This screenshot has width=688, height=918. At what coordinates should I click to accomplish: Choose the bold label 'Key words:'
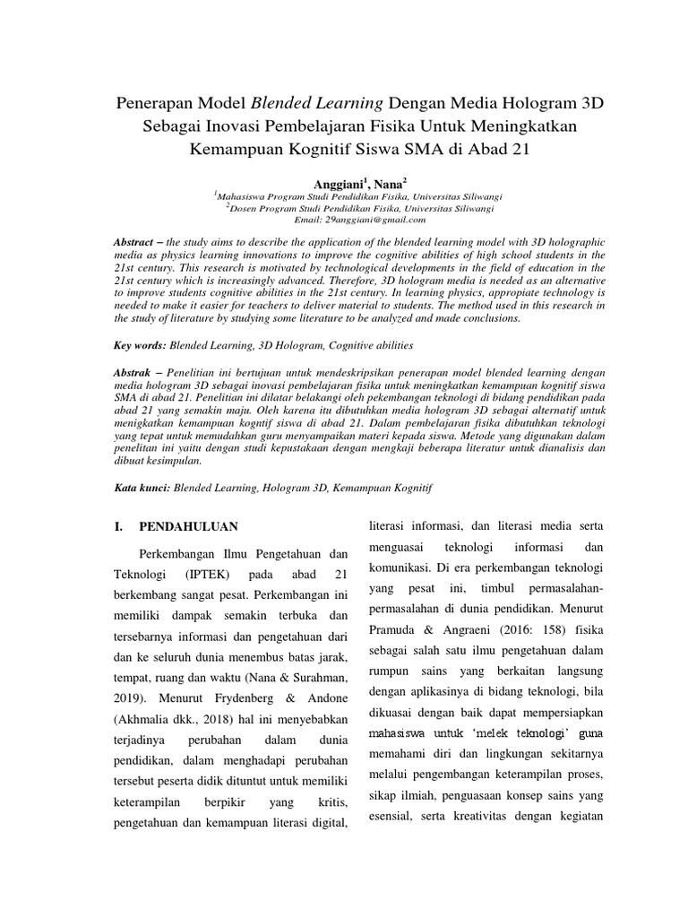[139, 343]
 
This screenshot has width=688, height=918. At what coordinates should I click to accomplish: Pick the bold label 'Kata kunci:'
[142, 489]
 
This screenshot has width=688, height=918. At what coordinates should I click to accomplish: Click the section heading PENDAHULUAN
[188, 525]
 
